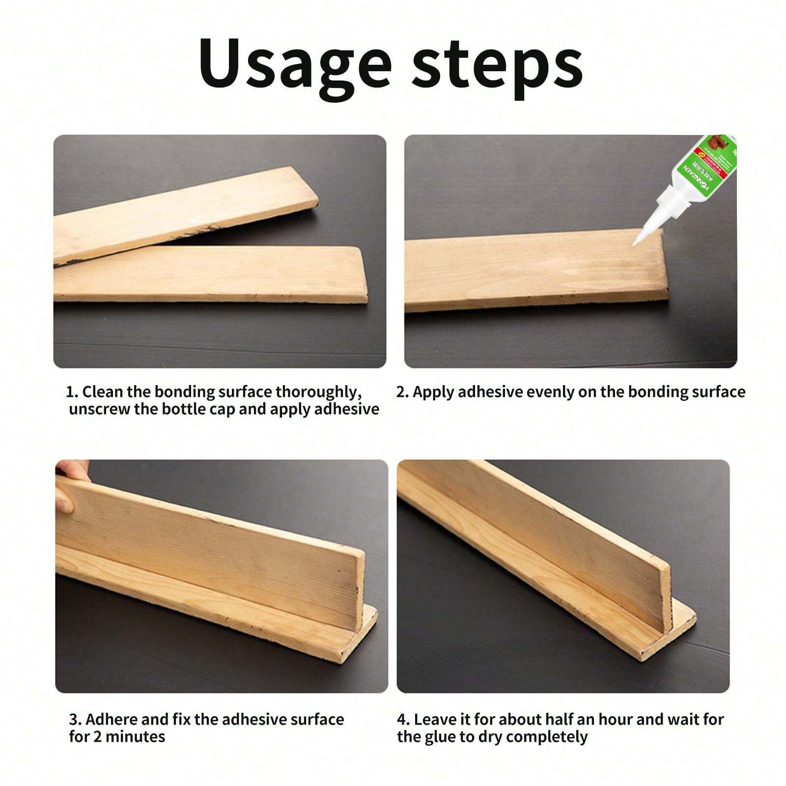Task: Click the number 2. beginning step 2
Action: [402, 392]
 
